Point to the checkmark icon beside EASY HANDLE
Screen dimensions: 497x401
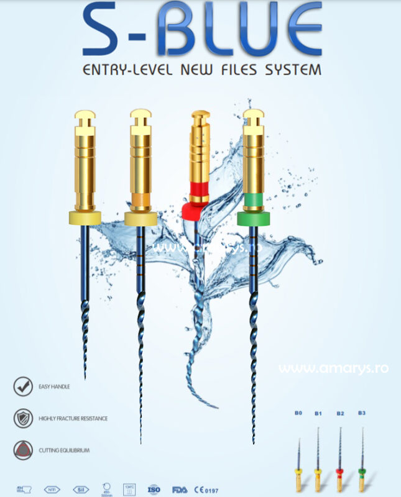tap(23, 386)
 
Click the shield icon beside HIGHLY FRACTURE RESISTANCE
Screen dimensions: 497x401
tap(23, 417)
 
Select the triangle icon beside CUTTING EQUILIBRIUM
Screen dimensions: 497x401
tap(23, 449)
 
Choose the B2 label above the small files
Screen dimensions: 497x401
tap(340, 413)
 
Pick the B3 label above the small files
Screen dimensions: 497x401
tap(362, 413)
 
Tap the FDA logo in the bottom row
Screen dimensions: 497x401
tap(180, 489)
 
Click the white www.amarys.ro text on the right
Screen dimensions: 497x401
tap(333, 368)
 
